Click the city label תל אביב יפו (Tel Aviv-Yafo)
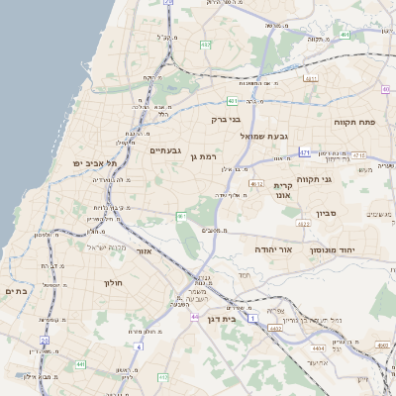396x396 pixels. pos(94,163)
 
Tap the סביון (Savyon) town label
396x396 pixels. pos(328,213)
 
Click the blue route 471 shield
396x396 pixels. pos(306,152)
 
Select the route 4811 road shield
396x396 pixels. pos(311,78)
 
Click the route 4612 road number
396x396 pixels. pos(256,184)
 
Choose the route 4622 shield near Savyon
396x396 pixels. pos(304,225)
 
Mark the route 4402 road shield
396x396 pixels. pos(275,327)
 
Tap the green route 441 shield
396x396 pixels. pos(78,364)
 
